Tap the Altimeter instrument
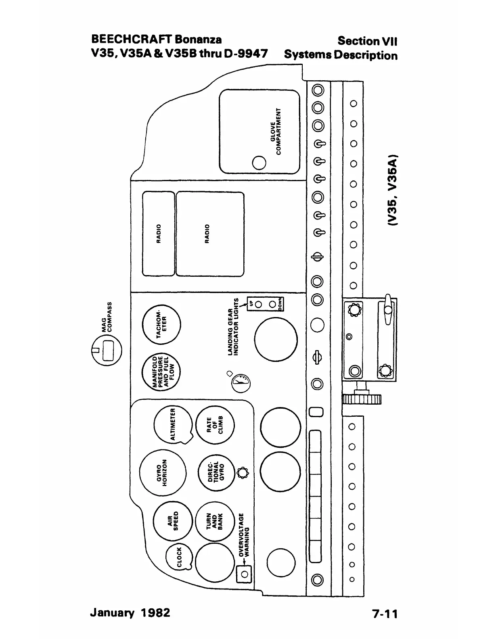coord(173,424)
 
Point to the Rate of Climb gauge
coord(215,425)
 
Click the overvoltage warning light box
coord(244,574)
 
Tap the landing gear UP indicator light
coord(259,304)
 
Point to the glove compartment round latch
coord(259,163)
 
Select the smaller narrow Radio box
coord(159,234)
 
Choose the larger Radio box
coord(210,234)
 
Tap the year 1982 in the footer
coord(156,613)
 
